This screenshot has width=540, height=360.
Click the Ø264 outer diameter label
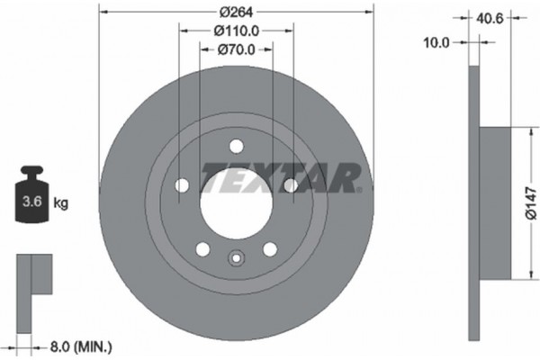coord(236,12)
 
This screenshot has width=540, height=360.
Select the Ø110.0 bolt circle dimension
coord(236,30)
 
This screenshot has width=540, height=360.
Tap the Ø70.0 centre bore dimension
coord(236,50)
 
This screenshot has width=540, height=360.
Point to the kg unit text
coord(61,204)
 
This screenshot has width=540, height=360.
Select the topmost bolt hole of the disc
coord(236,146)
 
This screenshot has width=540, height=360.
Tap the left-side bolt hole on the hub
coord(182,185)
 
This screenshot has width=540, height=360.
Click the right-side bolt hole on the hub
coord(290,185)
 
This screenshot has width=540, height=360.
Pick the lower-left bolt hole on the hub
coord(202,248)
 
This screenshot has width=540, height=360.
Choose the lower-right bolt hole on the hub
coord(269,248)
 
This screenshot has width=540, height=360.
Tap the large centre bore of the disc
coord(236,202)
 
